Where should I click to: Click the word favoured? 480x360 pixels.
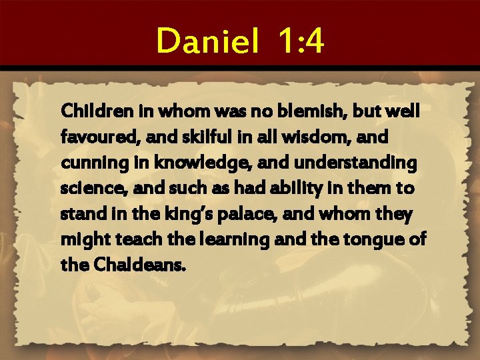(92, 137)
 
